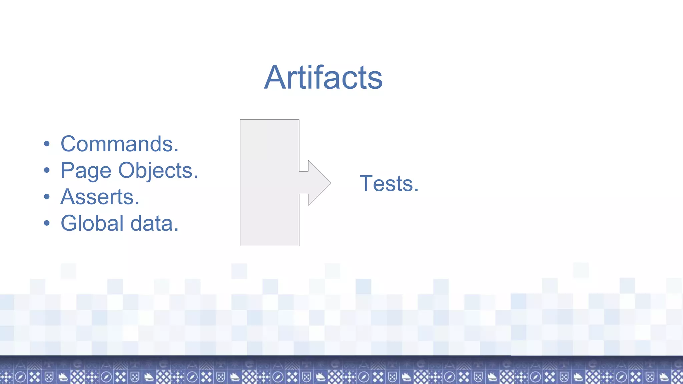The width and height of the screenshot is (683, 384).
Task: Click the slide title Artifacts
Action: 323,77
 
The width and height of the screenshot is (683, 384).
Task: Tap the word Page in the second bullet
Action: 86,171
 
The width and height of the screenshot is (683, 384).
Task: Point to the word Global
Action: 92,223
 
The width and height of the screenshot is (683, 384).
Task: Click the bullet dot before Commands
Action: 47,144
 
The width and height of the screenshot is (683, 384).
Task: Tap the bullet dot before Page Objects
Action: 47,170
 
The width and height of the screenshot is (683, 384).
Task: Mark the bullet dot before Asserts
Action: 47,197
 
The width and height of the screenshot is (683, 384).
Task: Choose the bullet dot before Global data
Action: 47,223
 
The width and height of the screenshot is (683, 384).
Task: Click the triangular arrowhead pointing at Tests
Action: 318,183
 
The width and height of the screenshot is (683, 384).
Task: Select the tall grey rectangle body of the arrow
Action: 269,183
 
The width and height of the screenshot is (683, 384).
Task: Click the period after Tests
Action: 416,190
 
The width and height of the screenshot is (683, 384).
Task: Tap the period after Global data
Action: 176,230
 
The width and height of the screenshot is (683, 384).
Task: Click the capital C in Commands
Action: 70,144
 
